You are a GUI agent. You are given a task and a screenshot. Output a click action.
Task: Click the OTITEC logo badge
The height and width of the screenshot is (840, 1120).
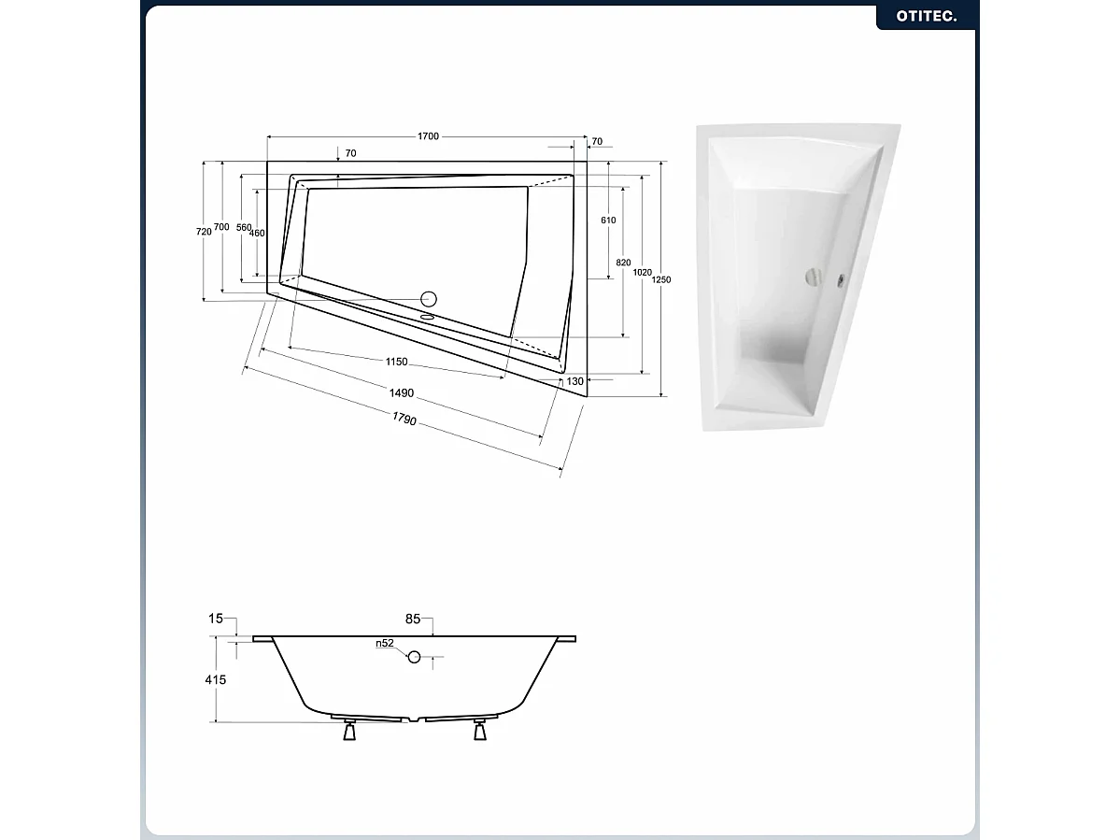[926, 16]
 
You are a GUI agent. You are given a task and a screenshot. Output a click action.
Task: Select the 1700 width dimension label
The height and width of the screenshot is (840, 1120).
[428, 136]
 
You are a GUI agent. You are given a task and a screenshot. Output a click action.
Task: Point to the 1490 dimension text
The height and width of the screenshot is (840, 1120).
[403, 393]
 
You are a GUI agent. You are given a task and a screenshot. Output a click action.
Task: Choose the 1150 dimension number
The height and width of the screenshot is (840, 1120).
[396, 362]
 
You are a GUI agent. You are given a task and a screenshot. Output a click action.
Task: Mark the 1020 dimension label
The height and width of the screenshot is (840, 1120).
[642, 272]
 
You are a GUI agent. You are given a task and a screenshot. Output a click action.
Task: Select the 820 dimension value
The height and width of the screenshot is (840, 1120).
[624, 263]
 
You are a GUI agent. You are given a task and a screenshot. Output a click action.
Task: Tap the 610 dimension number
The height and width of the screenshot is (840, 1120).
[608, 220]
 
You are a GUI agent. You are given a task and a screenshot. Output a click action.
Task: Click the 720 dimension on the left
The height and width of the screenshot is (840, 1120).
[204, 231]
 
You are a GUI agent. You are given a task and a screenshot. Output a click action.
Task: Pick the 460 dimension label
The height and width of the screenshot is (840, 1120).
[258, 233]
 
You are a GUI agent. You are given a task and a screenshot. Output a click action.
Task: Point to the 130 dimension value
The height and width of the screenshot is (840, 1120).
[574, 381]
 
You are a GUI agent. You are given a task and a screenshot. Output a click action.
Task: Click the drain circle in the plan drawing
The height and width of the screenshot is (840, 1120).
[429, 299]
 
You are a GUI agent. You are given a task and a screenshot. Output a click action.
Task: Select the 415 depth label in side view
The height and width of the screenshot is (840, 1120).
[216, 680]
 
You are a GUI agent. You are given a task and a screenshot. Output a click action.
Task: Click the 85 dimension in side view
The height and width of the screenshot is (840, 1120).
[414, 619]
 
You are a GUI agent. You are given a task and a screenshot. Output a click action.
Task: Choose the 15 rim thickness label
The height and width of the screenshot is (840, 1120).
[216, 619]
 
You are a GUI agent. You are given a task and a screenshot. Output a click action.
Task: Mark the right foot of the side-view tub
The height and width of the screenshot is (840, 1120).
[480, 732]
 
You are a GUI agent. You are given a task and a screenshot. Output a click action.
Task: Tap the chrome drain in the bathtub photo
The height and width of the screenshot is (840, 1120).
[814, 277]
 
